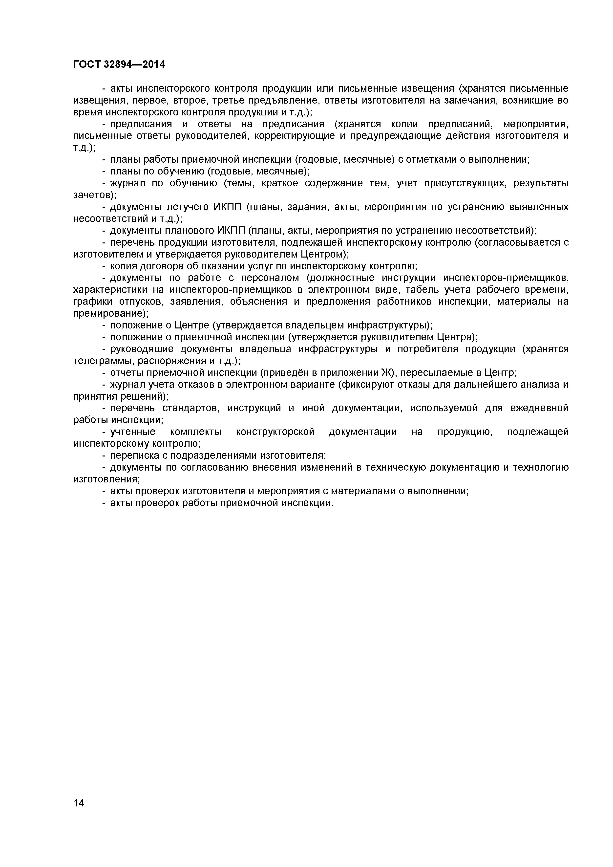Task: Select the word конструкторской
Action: pos(275,432)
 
